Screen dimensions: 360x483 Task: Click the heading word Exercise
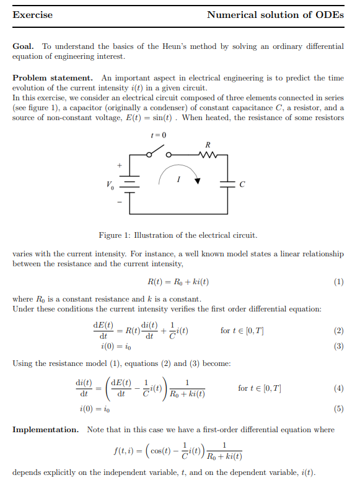(x=32, y=15)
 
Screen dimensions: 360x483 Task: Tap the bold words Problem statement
(x=53, y=78)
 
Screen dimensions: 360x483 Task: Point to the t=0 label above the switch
(x=159, y=135)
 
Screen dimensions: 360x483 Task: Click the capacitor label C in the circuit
(x=242, y=185)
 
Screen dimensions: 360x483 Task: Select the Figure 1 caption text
(x=178, y=235)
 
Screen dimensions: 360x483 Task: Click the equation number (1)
(x=338, y=282)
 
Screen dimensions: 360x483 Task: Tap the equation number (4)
(x=338, y=388)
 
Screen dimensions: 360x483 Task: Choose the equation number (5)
(x=338, y=409)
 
